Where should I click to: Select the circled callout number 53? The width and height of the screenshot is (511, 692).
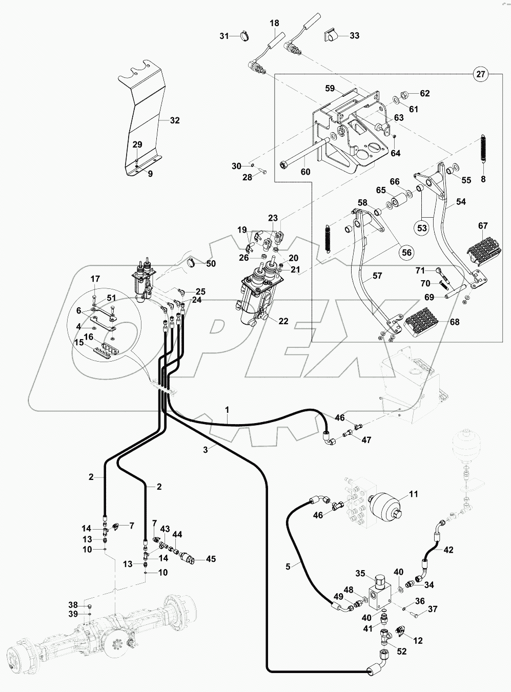coord(422,227)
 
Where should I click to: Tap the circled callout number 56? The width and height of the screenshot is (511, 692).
coord(405,252)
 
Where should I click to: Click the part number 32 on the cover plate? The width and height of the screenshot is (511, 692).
coord(175,121)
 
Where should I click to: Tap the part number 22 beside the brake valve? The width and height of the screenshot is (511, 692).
coord(283,321)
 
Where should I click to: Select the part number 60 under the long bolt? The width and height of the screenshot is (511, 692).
coord(305,172)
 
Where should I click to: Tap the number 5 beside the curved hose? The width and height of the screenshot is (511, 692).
coord(288,567)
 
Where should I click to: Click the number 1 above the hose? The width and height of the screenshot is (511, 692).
coord(227,409)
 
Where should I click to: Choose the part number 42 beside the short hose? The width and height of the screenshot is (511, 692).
coord(448,550)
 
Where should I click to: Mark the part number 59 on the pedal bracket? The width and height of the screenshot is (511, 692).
coord(330,88)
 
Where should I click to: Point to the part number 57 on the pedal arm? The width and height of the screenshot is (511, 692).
coord(377,276)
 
